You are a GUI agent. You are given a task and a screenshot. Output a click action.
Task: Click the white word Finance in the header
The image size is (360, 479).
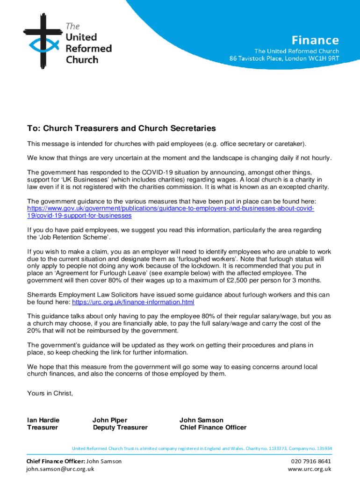315,40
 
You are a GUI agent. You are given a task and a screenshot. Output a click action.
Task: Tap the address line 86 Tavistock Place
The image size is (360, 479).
284,58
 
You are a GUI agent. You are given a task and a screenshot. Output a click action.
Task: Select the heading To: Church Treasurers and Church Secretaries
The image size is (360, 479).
121,128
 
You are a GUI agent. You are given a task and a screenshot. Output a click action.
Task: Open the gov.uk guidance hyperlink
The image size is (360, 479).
171,209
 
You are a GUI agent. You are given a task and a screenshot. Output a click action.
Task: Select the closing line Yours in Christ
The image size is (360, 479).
50,393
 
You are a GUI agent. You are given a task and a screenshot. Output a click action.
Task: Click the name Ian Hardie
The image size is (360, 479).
43,420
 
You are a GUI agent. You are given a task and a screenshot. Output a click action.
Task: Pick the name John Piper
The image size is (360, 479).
110,420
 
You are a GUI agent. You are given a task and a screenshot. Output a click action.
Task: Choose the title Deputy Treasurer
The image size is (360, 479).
120,428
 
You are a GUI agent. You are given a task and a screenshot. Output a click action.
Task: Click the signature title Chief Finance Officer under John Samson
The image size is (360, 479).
213,428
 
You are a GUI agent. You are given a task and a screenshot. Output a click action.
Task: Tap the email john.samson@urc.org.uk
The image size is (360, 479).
60,469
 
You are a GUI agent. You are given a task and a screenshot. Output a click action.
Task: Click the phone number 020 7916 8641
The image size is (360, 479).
311,461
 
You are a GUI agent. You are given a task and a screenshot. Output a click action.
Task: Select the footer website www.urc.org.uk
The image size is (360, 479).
310,469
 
